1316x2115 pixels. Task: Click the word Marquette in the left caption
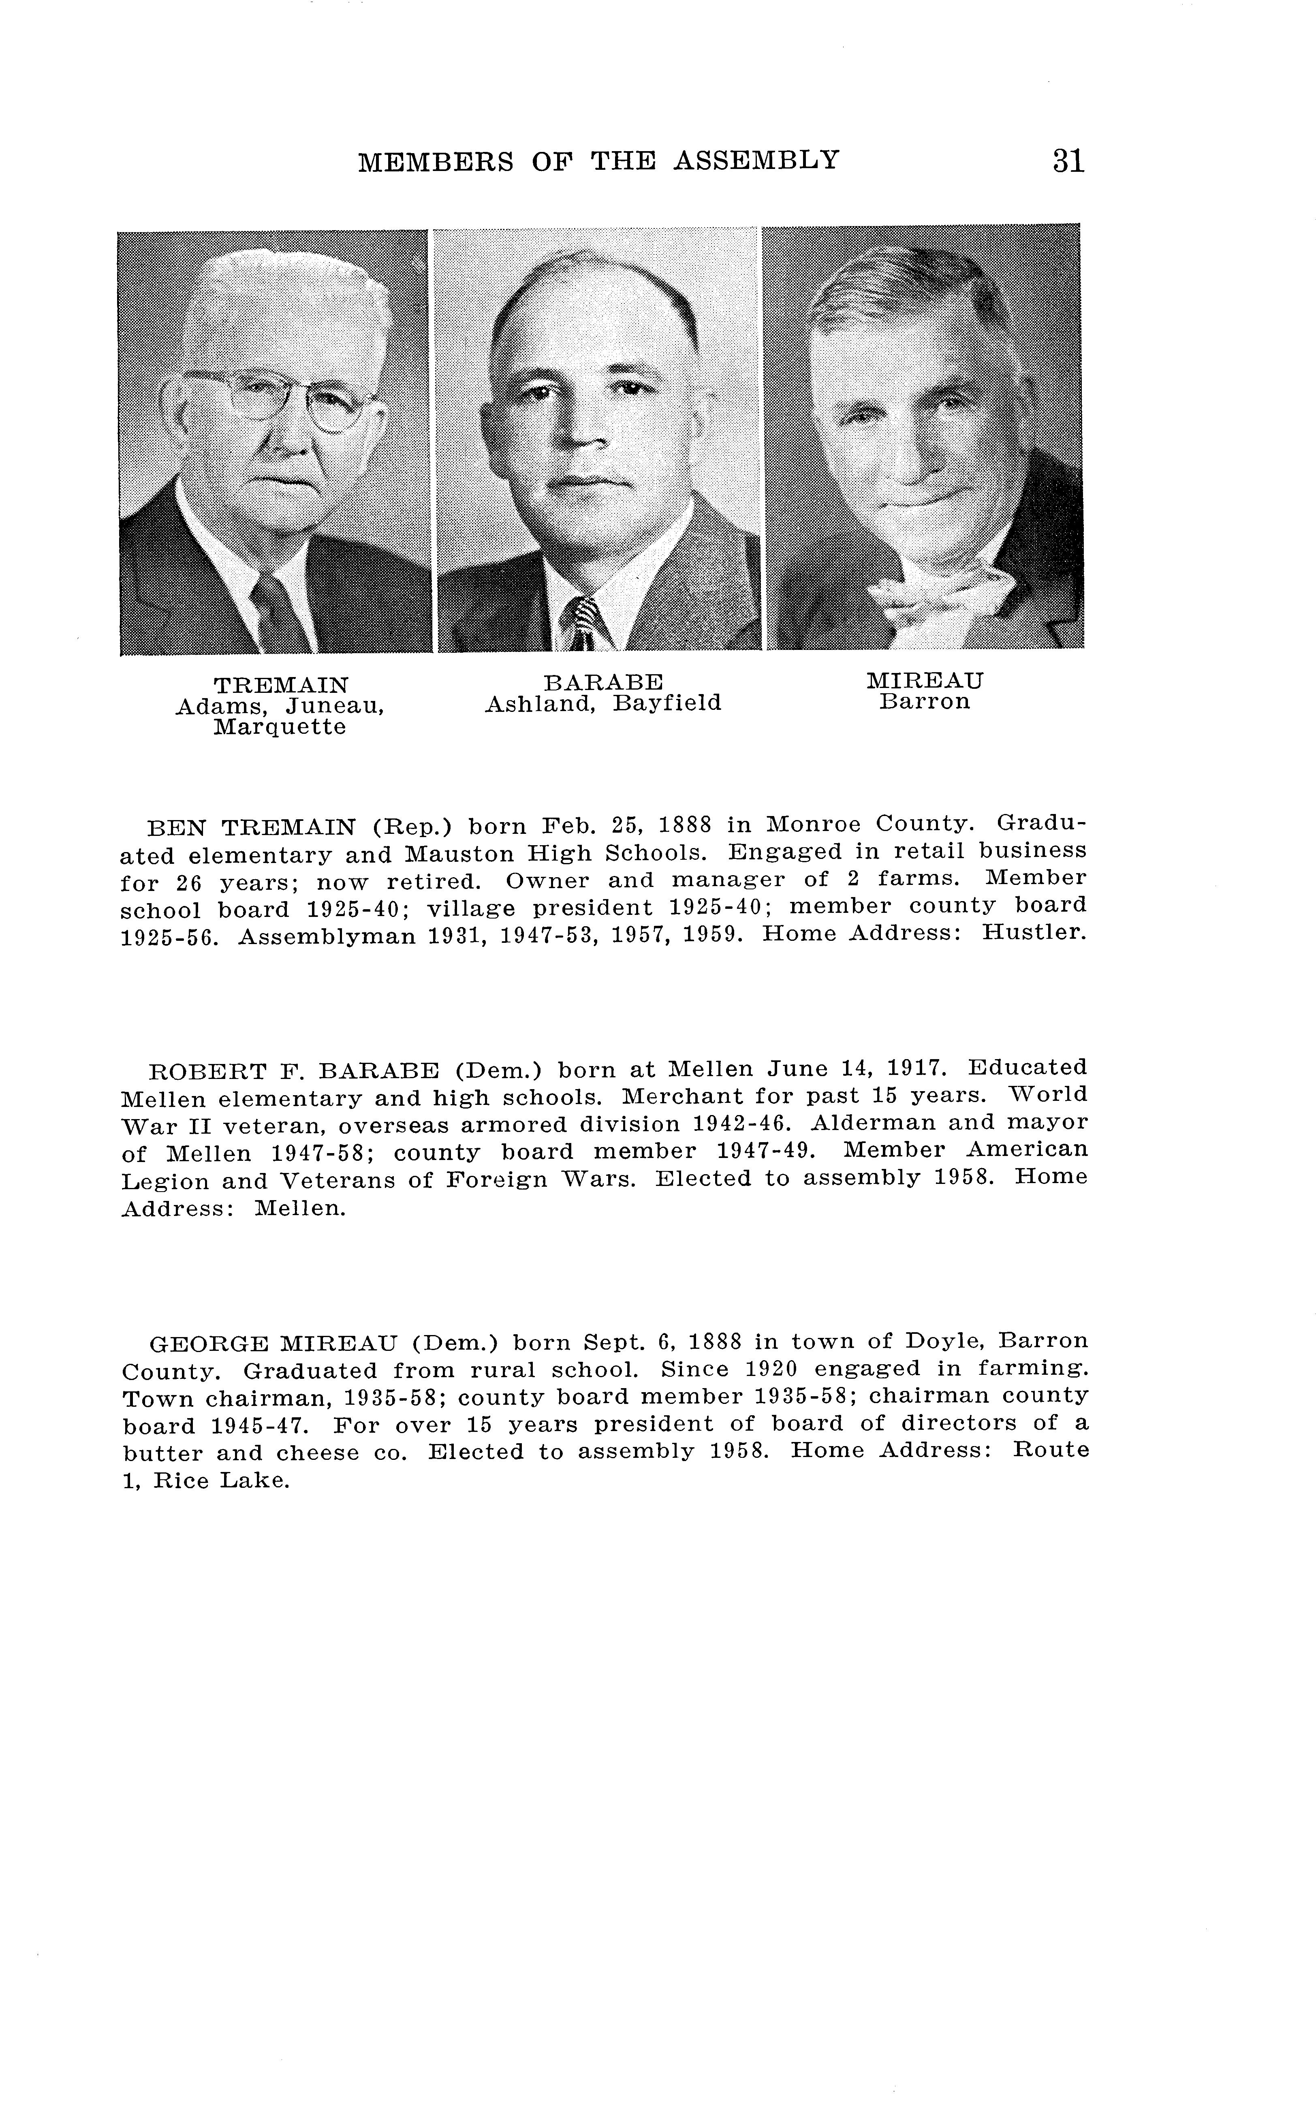pos(280,728)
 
